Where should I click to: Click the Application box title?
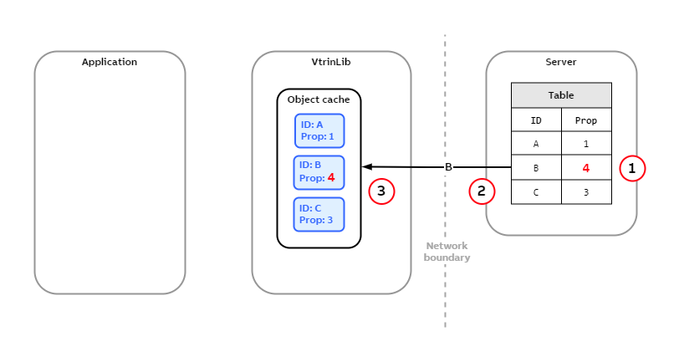coord(110,62)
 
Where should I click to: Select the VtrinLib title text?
coord(331,62)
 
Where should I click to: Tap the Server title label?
coord(560,62)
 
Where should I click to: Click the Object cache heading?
coord(319,99)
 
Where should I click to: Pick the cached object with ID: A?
coord(319,130)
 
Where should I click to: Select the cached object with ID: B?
coord(319,171)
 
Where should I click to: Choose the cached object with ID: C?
coord(319,214)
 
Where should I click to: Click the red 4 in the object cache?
coord(331,178)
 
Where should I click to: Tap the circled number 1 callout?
coord(632,168)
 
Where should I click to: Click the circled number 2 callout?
coord(482,191)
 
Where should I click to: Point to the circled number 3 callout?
coord(381,191)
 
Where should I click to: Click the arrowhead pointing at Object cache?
coord(367,167)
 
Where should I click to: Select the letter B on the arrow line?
coord(448,167)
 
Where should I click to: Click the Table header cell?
coord(561,95)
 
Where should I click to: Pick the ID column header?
coord(536,120)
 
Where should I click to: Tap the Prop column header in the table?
coord(586,120)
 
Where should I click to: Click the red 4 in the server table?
coord(586,168)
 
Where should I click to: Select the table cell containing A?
coord(536,144)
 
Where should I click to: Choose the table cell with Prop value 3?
coord(586,192)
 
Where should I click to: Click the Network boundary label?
coord(447,252)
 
